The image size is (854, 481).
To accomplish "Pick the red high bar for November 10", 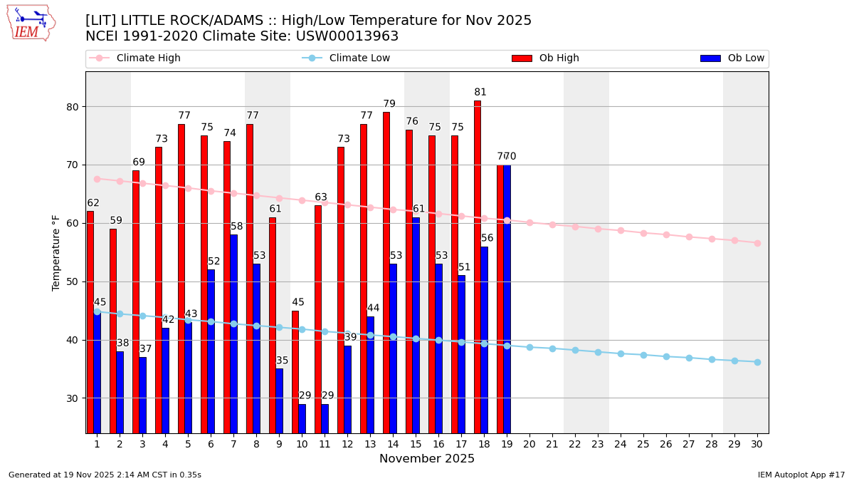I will click(295, 371).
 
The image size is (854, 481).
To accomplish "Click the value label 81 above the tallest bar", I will click(480, 93).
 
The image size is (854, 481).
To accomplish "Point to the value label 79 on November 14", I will click(389, 104).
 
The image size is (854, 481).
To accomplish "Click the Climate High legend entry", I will click(148, 58).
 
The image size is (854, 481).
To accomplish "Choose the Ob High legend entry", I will click(559, 58).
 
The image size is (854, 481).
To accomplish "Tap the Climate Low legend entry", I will click(359, 58).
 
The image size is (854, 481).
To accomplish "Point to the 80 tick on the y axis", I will click(73, 107).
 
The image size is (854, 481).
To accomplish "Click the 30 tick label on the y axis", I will click(73, 398).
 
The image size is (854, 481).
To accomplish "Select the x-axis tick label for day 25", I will click(643, 444).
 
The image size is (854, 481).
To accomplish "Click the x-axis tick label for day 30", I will click(757, 444).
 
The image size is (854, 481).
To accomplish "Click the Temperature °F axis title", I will click(56, 252).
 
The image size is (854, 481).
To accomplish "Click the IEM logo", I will click(31, 23).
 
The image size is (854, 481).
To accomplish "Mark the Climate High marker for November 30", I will click(757, 243).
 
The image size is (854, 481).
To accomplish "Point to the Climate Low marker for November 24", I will click(621, 353).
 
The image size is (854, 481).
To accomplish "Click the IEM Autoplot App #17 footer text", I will click(801, 475).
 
